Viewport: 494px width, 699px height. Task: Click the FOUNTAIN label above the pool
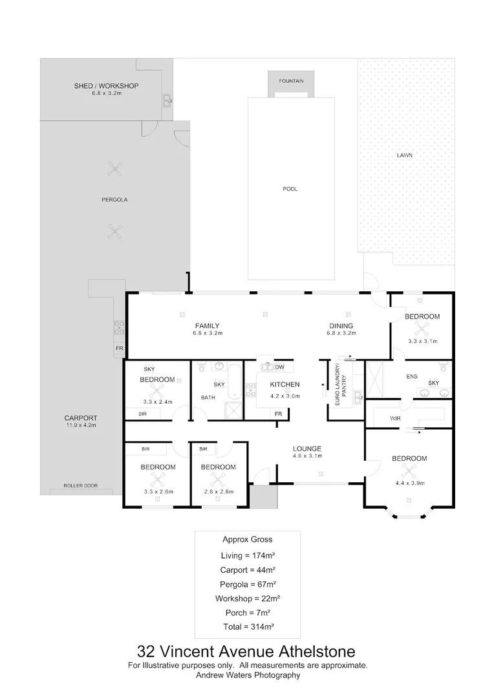[x=291, y=81]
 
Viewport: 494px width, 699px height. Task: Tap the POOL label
[x=290, y=189]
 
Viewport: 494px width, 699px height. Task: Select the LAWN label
[x=405, y=155]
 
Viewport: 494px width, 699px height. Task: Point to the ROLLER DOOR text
[x=80, y=485]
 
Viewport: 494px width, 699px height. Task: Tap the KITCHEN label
[x=285, y=384]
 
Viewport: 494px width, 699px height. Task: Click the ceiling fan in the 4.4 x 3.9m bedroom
[x=409, y=471]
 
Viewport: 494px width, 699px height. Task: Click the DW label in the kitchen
[x=279, y=368]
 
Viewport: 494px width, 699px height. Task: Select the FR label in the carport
[x=119, y=348]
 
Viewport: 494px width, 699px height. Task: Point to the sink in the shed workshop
[x=167, y=101]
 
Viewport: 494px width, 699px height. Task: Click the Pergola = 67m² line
[x=248, y=584]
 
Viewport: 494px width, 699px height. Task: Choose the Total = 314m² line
[x=248, y=627]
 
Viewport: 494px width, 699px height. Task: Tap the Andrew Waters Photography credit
[x=248, y=675]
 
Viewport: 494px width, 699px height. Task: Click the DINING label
[x=341, y=326]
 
